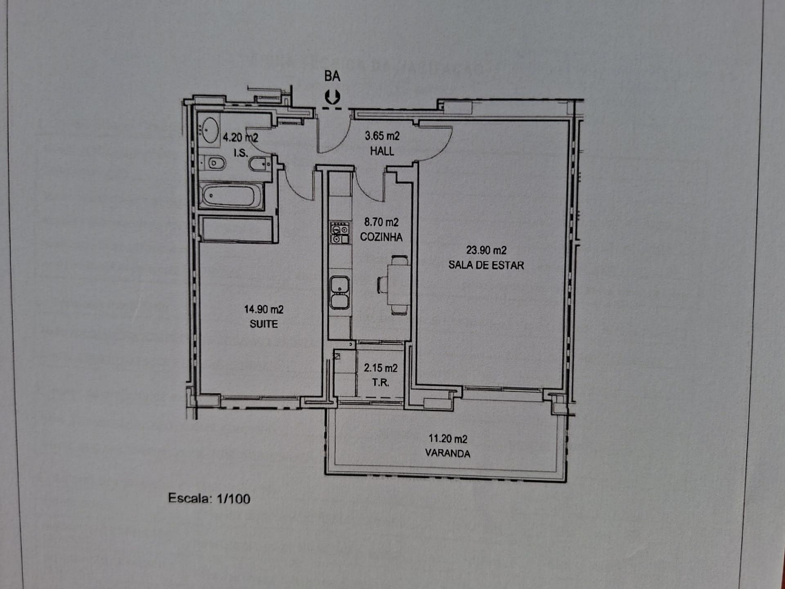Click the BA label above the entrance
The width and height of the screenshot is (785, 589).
(332, 76)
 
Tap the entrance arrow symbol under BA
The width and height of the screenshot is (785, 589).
(332, 97)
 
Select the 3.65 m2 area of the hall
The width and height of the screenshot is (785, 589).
(382, 136)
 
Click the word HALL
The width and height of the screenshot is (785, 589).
(382, 151)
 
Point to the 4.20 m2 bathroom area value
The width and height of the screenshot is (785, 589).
(240, 137)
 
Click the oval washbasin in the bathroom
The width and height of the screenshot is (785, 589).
(210, 130)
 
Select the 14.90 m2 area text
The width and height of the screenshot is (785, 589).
(264, 309)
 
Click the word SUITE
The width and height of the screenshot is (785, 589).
(264, 324)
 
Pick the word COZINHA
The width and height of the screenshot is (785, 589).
(381, 237)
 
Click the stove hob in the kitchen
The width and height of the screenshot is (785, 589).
(340, 233)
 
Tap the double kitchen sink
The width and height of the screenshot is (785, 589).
(340, 292)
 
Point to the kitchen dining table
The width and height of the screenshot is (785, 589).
(398, 285)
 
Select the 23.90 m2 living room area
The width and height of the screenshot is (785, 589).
(487, 250)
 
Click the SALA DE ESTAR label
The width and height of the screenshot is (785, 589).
(486, 265)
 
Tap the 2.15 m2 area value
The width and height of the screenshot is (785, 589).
(381, 368)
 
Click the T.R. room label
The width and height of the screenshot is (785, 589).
(381, 383)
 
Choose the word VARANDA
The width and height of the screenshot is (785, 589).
(448, 453)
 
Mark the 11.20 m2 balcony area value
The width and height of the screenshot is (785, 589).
(448, 438)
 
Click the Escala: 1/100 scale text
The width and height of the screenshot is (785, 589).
(209, 498)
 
